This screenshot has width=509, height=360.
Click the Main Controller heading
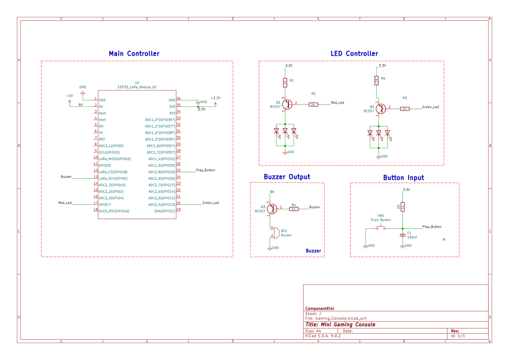pos(134,54)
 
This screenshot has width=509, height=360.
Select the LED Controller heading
pos(354,54)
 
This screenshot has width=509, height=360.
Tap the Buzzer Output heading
pos(287,177)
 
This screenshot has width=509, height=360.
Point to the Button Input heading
pos(404,178)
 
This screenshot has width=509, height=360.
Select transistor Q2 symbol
pos(379,108)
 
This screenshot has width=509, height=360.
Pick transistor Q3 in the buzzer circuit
pos(271,209)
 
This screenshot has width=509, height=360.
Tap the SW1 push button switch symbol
pos(381,228)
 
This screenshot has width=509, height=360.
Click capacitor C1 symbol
pos(403,234)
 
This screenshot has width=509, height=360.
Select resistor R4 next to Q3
pos(294,209)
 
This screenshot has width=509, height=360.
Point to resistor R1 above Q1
pos(285,82)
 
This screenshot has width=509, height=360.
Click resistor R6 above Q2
pos(376,80)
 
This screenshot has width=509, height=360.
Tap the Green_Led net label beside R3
pos(430,107)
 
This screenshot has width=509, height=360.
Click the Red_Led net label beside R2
pos(338,103)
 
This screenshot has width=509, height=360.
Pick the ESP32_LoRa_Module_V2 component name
pos(137,87)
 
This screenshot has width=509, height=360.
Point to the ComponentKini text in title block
pos(320,308)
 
